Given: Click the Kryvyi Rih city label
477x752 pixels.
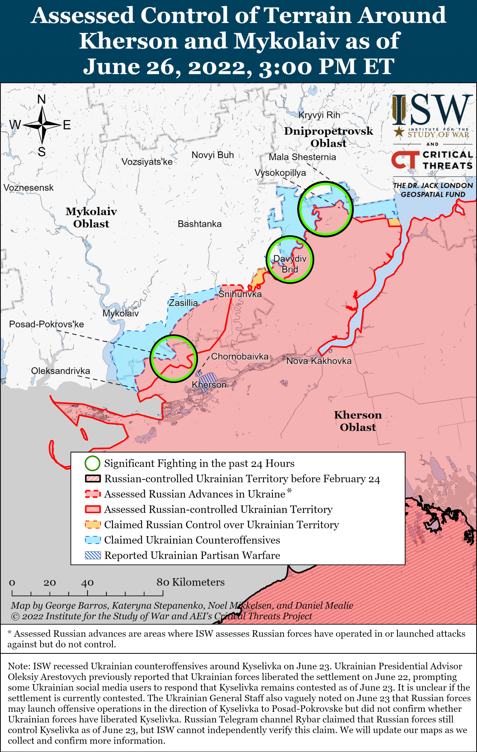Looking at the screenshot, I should coord(319,115).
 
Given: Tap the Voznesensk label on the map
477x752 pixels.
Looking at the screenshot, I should coord(28,188).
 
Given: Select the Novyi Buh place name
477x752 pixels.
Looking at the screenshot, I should coord(213,155).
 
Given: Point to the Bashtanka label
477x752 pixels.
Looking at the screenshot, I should coord(200,224).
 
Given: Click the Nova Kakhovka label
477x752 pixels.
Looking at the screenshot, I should coord(319,361).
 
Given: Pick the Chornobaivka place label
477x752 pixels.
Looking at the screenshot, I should coord(240,357).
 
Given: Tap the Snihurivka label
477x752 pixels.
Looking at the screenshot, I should coord(240,294).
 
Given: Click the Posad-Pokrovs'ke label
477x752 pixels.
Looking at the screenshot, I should coord(47,324).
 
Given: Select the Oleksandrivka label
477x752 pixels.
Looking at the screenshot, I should coord(60,371).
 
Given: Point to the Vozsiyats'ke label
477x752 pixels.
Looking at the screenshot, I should coord(147,162).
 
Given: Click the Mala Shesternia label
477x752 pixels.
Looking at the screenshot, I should coord(302,157).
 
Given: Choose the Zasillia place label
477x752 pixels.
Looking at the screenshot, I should coord(183,303).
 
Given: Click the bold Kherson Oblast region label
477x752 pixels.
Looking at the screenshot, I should coord(358,421).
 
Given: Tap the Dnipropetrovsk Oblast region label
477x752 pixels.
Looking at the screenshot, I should coord(328,137).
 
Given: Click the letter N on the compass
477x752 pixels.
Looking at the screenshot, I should coord(41,99).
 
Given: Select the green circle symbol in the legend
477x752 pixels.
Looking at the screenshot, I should coord(92,463).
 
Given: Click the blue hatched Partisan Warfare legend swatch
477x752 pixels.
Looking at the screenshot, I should coord(93,555).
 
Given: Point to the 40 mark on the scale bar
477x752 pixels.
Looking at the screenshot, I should coord(87,583).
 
